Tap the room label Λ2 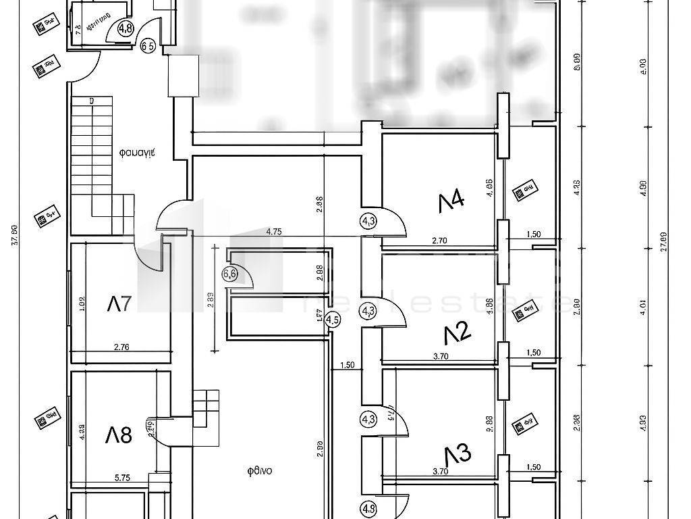coord(457,332)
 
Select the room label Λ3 coord(458,454)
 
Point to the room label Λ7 coord(118,304)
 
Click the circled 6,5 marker coord(148,47)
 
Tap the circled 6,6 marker coord(229,274)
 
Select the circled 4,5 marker coord(333,320)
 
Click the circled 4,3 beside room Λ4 coord(368,220)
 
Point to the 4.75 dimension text coord(273,231)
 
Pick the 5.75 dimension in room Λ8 coord(121,477)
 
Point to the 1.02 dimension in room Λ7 coord(82,304)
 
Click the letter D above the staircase coord(91,101)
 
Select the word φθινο coord(258,471)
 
